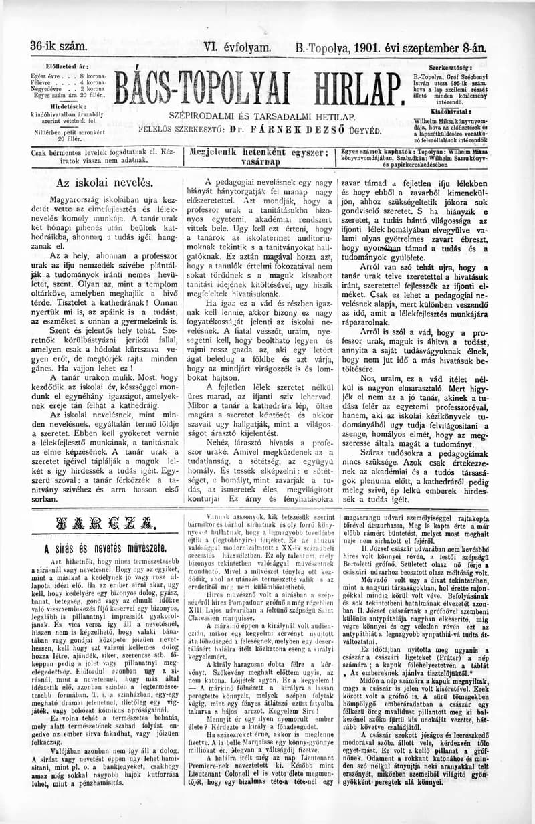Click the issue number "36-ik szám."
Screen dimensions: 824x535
click(x=58, y=47)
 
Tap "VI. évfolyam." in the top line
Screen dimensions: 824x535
click(x=237, y=47)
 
